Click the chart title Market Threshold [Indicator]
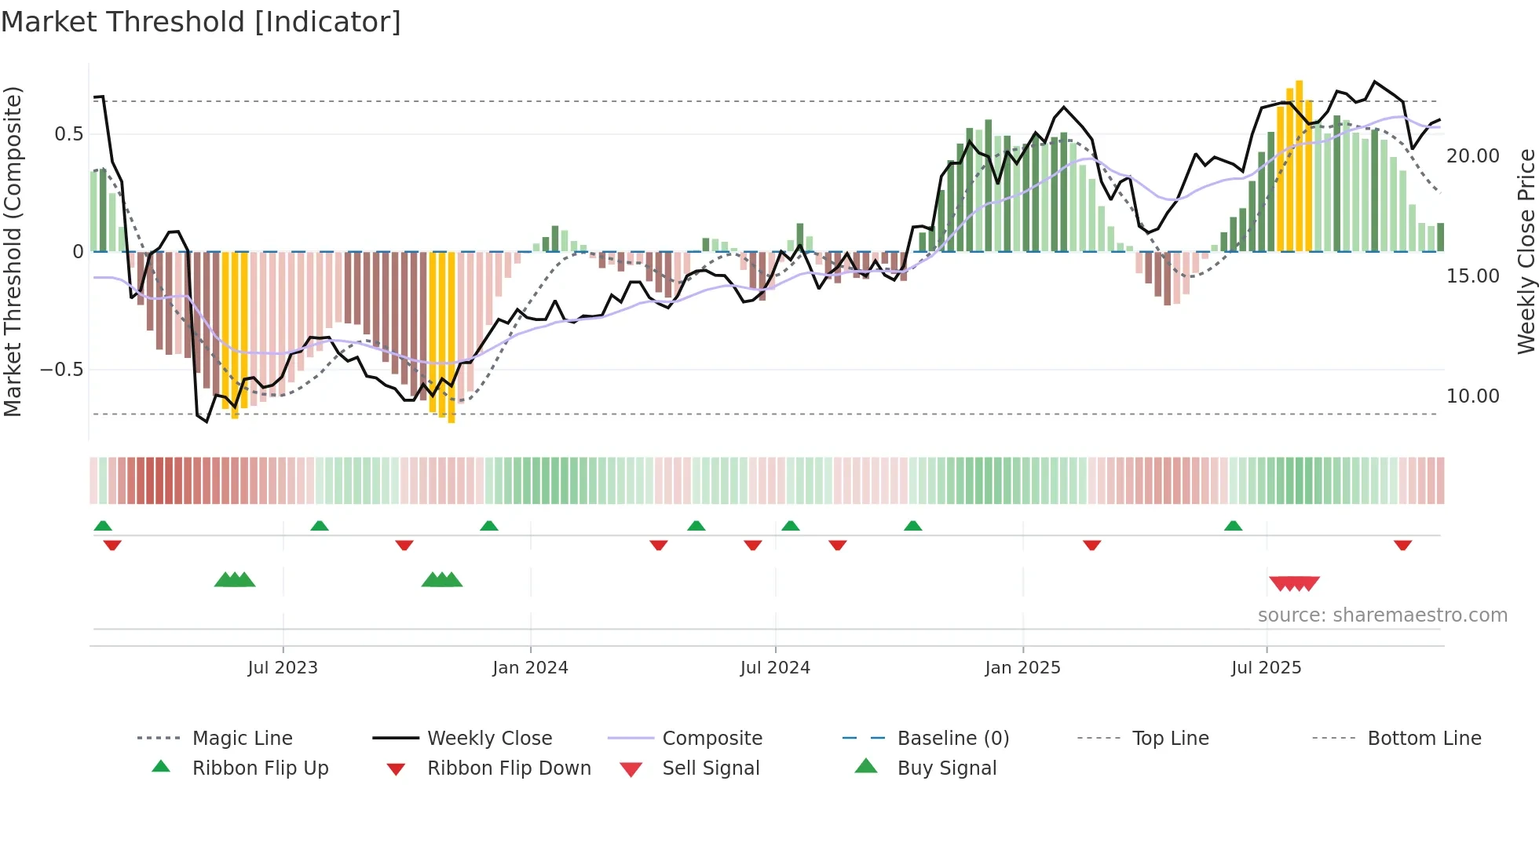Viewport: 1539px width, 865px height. pyautogui.click(x=201, y=22)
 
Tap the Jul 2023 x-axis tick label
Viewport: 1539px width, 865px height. pyautogui.click(x=283, y=668)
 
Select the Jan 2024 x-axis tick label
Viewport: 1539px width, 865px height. pyautogui.click(x=530, y=668)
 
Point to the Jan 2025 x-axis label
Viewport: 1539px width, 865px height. pyautogui.click(x=1022, y=668)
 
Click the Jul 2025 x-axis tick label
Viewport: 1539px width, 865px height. pyautogui.click(x=1266, y=668)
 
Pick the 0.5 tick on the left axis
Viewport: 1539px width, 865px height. pyautogui.click(x=68, y=134)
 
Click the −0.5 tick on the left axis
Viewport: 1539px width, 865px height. pyautogui.click(x=62, y=370)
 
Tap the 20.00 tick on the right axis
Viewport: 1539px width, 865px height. pyautogui.click(x=1473, y=156)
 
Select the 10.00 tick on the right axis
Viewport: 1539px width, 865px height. pyautogui.click(x=1473, y=396)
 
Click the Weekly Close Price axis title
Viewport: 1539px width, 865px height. pyautogui.click(x=1526, y=251)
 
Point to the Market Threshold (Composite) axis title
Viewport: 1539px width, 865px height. pyautogui.click(x=13, y=251)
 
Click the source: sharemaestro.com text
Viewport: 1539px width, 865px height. pyautogui.click(x=1382, y=615)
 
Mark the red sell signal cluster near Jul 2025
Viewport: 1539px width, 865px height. pyautogui.click(x=1294, y=583)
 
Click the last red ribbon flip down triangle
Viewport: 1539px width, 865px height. pyautogui.click(x=1402, y=545)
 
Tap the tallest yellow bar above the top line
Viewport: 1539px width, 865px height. pyautogui.click(x=1300, y=165)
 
